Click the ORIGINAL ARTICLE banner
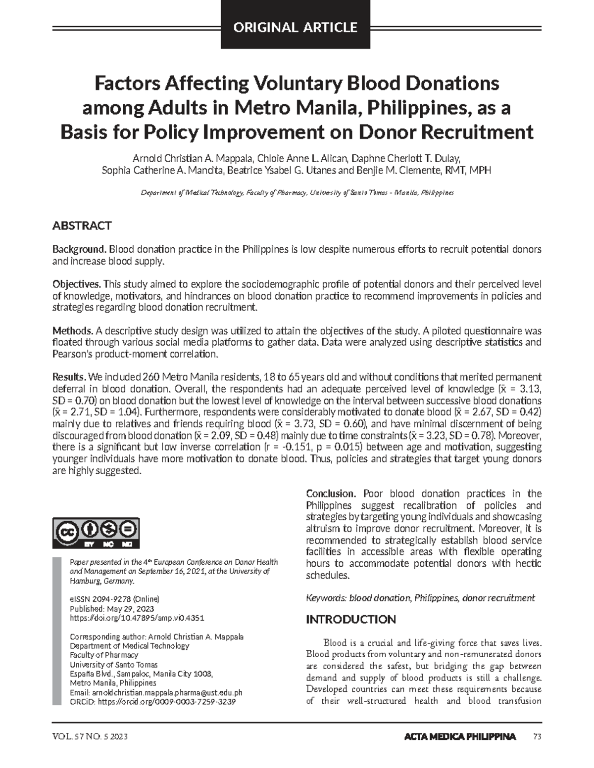click(296, 27)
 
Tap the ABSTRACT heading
click(82, 226)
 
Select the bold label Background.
click(80, 249)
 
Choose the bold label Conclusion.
click(331, 494)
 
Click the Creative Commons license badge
click(96, 533)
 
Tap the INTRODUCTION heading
click(350, 620)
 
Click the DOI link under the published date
click(137, 618)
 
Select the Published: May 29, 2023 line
click(112, 608)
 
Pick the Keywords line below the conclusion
click(420, 598)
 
